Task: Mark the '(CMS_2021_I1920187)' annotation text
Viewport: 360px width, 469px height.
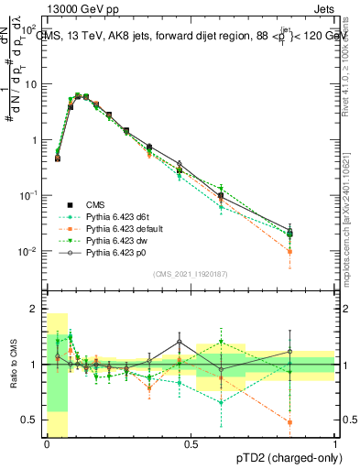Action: point(190,273)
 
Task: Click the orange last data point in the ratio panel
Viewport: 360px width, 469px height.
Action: point(289,422)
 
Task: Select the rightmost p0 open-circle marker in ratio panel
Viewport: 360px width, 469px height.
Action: point(289,351)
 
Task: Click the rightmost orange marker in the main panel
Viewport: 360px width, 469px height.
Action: point(289,251)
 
